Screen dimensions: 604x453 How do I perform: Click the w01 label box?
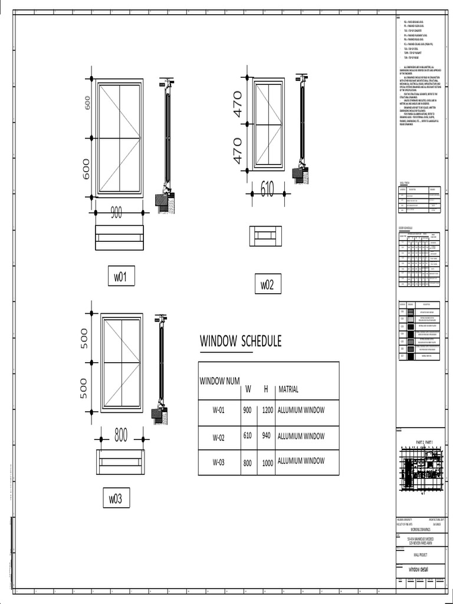(120, 277)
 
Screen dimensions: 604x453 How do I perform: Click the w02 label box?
(267, 285)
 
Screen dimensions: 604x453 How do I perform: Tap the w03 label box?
(115, 498)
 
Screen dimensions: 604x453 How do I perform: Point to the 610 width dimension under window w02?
(267, 189)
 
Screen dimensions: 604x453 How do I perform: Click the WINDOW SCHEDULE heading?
(240, 342)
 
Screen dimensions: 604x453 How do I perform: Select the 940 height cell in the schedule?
(267, 437)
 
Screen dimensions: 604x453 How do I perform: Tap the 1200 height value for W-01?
(267, 411)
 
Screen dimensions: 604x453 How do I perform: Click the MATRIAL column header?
(288, 389)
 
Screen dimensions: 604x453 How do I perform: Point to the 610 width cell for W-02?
(247, 437)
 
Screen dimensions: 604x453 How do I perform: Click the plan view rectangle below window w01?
(119, 238)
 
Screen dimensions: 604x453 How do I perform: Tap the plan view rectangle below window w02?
(265, 237)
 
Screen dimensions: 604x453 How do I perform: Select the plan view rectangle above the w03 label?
(120, 462)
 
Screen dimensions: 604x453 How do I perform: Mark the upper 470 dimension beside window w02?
(238, 104)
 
